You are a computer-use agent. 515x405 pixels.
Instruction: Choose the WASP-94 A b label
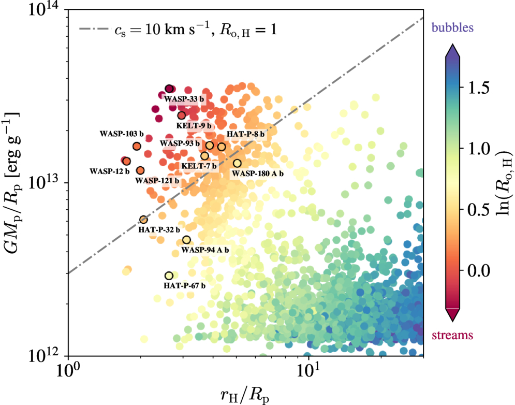205,250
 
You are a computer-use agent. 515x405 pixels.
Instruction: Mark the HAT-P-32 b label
159,229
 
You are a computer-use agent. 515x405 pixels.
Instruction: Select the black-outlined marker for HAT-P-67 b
169,276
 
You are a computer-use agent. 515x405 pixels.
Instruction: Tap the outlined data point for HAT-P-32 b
143,220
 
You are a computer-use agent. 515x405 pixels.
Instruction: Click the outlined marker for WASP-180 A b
237,163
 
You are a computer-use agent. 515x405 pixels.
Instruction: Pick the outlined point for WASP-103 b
137,146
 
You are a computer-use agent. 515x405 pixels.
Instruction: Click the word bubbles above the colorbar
453,26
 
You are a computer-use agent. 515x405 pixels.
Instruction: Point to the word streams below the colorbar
453,335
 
